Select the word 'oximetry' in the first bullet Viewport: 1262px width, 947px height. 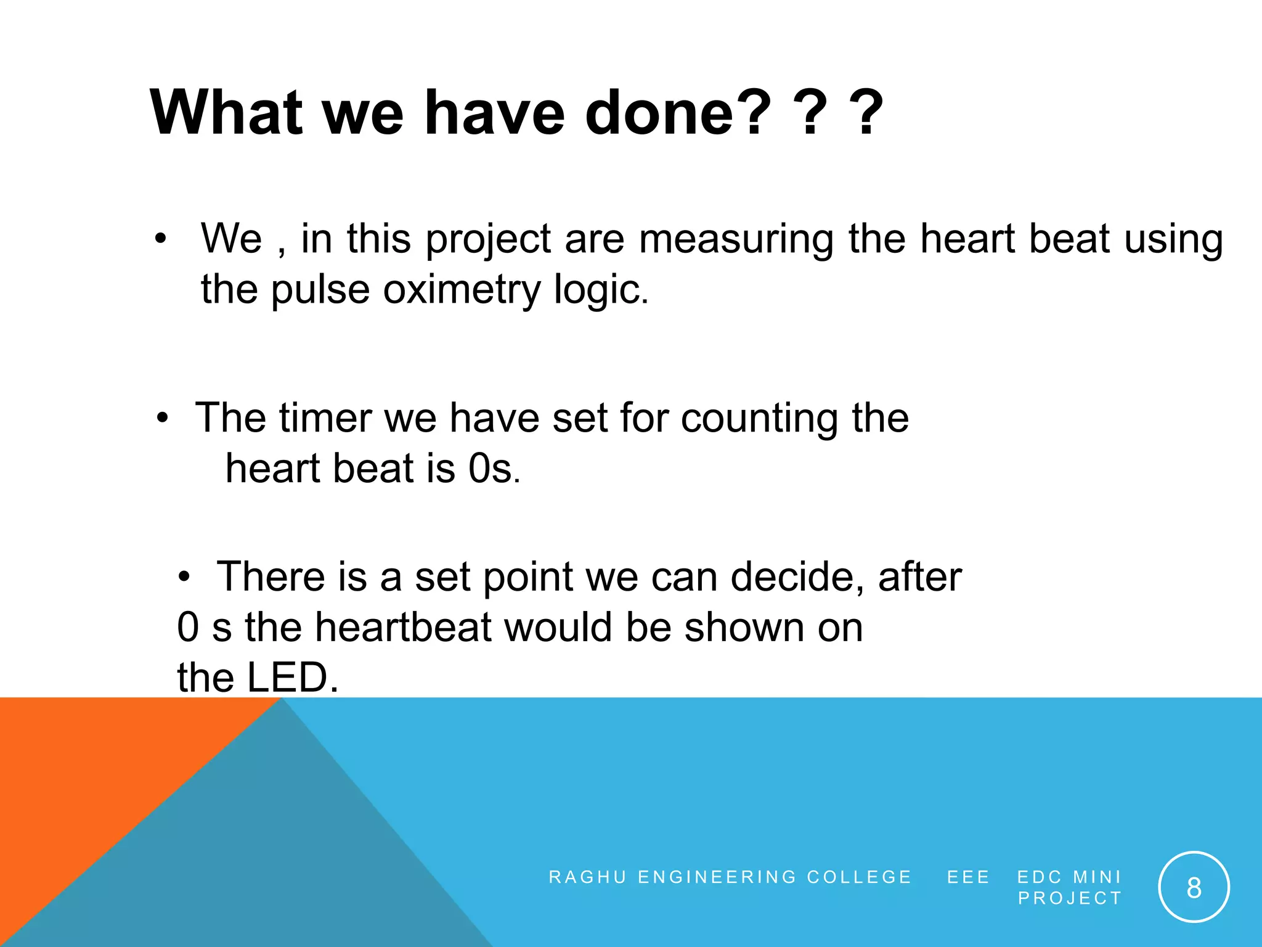462,290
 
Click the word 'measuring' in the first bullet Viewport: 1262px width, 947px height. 736,239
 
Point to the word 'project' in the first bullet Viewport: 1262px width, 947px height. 488,240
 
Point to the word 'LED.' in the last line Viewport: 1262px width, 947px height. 292,677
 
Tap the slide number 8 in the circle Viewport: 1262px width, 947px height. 1194,888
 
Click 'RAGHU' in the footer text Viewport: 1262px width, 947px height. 587,877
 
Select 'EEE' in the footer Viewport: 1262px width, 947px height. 968,877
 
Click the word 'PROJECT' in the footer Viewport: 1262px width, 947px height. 1070,898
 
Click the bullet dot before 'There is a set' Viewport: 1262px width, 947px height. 184,578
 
